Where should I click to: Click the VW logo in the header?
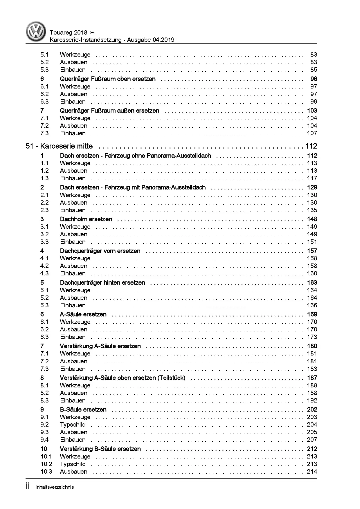36,32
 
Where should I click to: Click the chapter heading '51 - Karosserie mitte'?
59,146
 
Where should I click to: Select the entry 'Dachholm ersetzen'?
86,219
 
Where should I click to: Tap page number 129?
312,187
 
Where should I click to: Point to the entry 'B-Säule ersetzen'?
83,410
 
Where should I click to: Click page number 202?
312,410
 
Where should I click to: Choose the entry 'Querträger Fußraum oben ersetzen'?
108,79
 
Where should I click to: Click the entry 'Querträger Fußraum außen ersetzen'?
109,111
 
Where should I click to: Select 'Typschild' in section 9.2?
73,425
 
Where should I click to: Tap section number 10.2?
46,464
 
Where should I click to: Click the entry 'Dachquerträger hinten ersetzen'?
102,283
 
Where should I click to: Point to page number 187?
312,378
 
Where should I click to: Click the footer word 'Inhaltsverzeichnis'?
55,487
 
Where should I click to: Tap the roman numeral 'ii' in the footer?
28,487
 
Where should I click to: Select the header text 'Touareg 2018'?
69,33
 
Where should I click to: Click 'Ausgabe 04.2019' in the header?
152,40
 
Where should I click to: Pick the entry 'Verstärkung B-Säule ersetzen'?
100,449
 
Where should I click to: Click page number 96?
314,79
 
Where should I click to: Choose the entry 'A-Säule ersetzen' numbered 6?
83,314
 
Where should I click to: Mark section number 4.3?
44,273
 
